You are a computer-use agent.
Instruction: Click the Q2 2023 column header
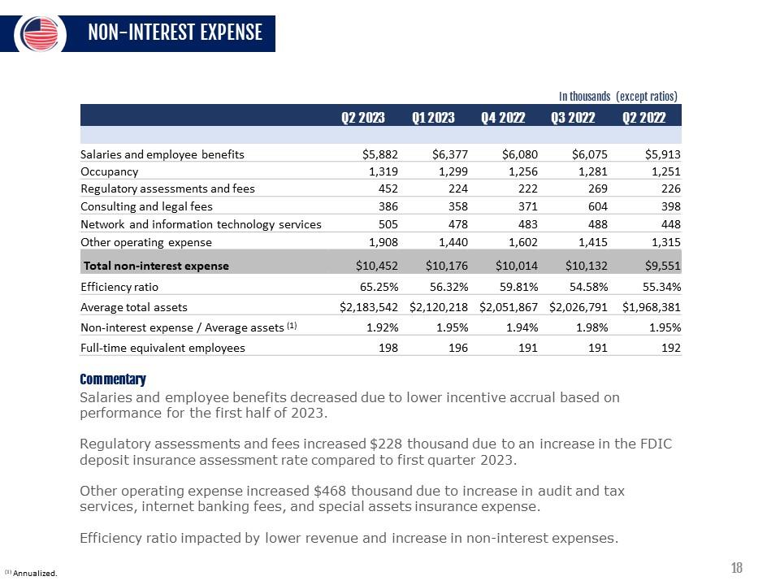pyautogui.click(x=362, y=117)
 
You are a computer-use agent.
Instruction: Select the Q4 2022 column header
pyautogui.click(x=502, y=117)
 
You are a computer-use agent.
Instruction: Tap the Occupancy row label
pyautogui.click(x=109, y=171)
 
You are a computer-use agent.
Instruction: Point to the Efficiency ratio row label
pyautogui.click(x=119, y=286)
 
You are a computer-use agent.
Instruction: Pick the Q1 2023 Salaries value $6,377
pyautogui.click(x=447, y=154)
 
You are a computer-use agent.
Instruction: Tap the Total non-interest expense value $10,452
pyautogui.click(x=377, y=266)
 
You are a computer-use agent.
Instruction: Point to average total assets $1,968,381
pyautogui.click(x=651, y=307)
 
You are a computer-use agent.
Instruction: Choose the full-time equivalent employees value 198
pyautogui.click(x=388, y=348)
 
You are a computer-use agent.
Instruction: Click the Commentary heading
pyautogui.click(x=113, y=379)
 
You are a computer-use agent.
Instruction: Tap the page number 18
pyautogui.click(x=737, y=568)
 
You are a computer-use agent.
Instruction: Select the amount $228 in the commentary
pyautogui.click(x=386, y=444)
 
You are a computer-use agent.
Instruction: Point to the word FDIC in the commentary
pyautogui.click(x=656, y=444)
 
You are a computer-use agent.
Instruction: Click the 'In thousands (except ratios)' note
pyautogui.click(x=618, y=96)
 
